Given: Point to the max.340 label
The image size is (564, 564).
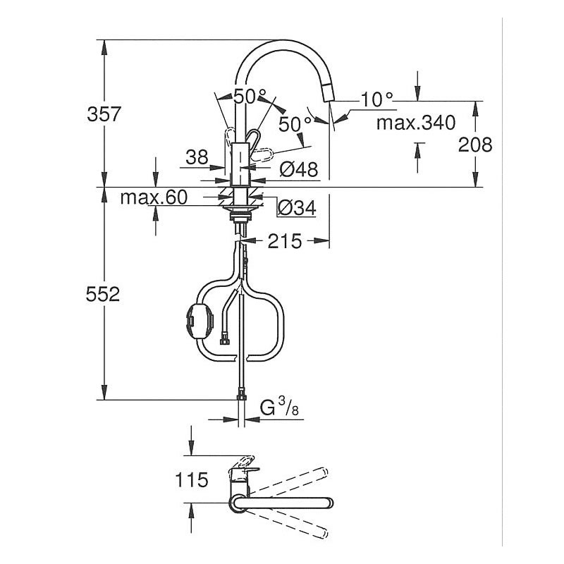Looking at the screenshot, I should click(x=415, y=123).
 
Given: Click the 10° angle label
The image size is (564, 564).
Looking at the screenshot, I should click(x=376, y=99).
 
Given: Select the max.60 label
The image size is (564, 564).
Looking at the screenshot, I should click(x=153, y=198).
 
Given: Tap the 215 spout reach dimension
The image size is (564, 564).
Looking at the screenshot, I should click(x=284, y=242).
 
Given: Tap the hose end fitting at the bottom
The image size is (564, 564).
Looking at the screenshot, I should click(x=242, y=396).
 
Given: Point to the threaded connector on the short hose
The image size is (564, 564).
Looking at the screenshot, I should click(x=225, y=343).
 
